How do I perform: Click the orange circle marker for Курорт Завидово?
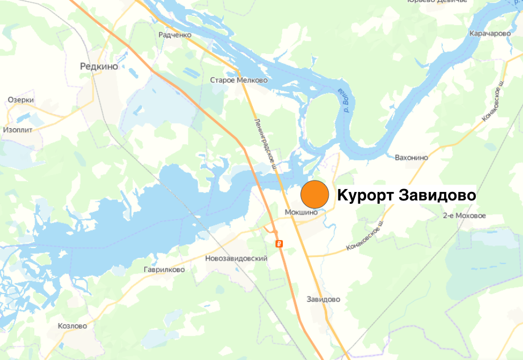click(315, 195)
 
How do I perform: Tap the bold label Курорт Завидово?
click(406, 195)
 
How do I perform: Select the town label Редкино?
click(99, 66)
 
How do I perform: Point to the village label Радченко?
click(175, 35)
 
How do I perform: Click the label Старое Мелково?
click(239, 81)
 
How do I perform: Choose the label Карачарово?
click(490, 34)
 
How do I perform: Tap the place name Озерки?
click(21, 100)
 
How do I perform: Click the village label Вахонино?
click(411, 157)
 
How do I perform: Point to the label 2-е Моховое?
click(465, 216)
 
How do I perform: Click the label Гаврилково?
click(164, 270)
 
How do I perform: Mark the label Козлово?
click(73, 326)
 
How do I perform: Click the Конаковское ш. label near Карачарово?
click(492, 101)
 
